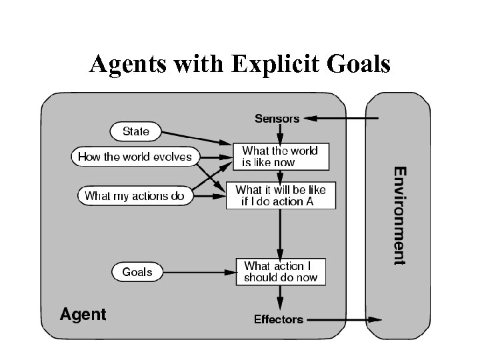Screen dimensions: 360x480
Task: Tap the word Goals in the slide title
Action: point(356,65)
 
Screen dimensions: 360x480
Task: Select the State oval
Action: point(136,131)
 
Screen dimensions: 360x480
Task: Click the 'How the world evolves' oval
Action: point(135,157)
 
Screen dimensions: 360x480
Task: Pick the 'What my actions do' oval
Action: point(135,196)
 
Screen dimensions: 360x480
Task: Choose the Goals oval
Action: point(137,272)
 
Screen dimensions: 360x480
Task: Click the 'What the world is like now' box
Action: point(280,156)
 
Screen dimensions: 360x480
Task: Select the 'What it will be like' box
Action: point(281,195)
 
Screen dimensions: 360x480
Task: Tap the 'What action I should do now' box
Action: point(281,271)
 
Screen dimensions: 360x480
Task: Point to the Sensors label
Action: point(277,119)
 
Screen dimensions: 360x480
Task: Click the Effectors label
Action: point(278,319)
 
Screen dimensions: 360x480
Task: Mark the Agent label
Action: point(83,314)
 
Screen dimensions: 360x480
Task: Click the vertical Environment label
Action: point(399,215)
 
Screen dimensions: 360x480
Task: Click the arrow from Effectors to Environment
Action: point(343,320)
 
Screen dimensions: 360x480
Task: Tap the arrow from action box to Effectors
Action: point(280,297)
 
